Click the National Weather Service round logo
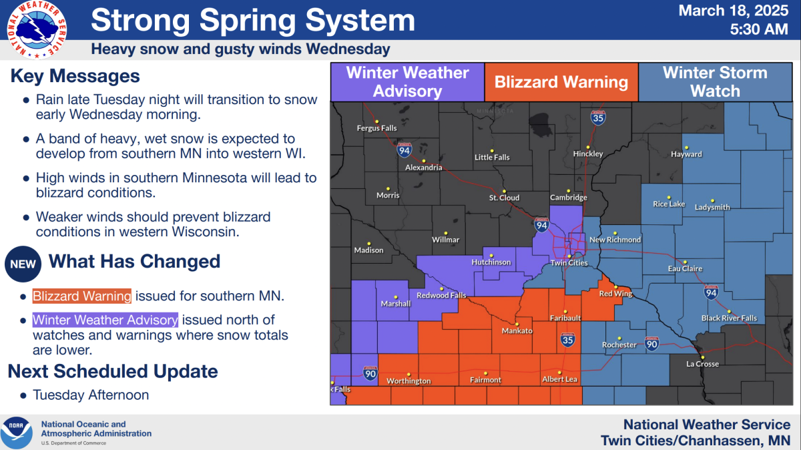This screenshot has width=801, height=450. [x=37, y=29]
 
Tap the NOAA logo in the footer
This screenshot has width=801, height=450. [x=17, y=433]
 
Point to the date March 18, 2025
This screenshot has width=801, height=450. [x=733, y=11]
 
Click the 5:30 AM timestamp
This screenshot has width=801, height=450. [x=760, y=29]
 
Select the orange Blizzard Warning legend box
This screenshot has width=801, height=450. [x=561, y=82]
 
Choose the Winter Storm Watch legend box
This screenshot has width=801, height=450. [x=714, y=82]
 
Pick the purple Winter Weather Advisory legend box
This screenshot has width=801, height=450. [x=407, y=82]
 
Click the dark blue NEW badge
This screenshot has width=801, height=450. [x=23, y=264]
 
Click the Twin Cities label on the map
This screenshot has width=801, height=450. [x=569, y=263]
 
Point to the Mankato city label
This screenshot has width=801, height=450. [x=517, y=331]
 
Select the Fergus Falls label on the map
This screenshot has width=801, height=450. [x=376, y=128]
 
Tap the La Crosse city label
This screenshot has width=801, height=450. [x=702, y=364]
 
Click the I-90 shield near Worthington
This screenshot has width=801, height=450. [x=370, y=374]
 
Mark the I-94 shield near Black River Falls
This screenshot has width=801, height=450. [x=710, y=292]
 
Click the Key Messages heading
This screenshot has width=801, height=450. [x=75, y=76]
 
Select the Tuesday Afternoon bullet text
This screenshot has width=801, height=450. [x=91, y=395]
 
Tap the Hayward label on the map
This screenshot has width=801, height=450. [x=686, y=154]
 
